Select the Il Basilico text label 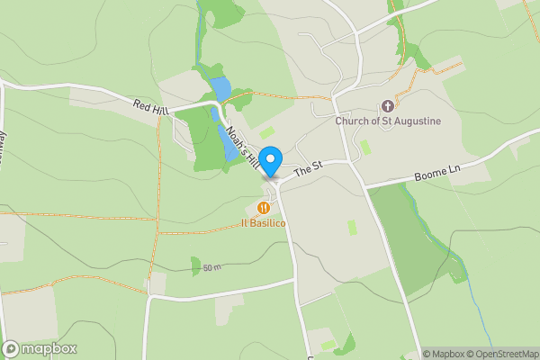(263, 222)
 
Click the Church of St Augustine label (388, 121)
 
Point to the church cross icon (388, 106)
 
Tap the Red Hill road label (150, 106)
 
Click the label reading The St (308, 167)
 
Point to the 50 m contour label (212, 267)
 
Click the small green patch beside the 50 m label (195, 265)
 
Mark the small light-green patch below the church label (364, 146)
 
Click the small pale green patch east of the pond (267, 132)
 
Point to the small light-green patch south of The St (351, 228)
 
